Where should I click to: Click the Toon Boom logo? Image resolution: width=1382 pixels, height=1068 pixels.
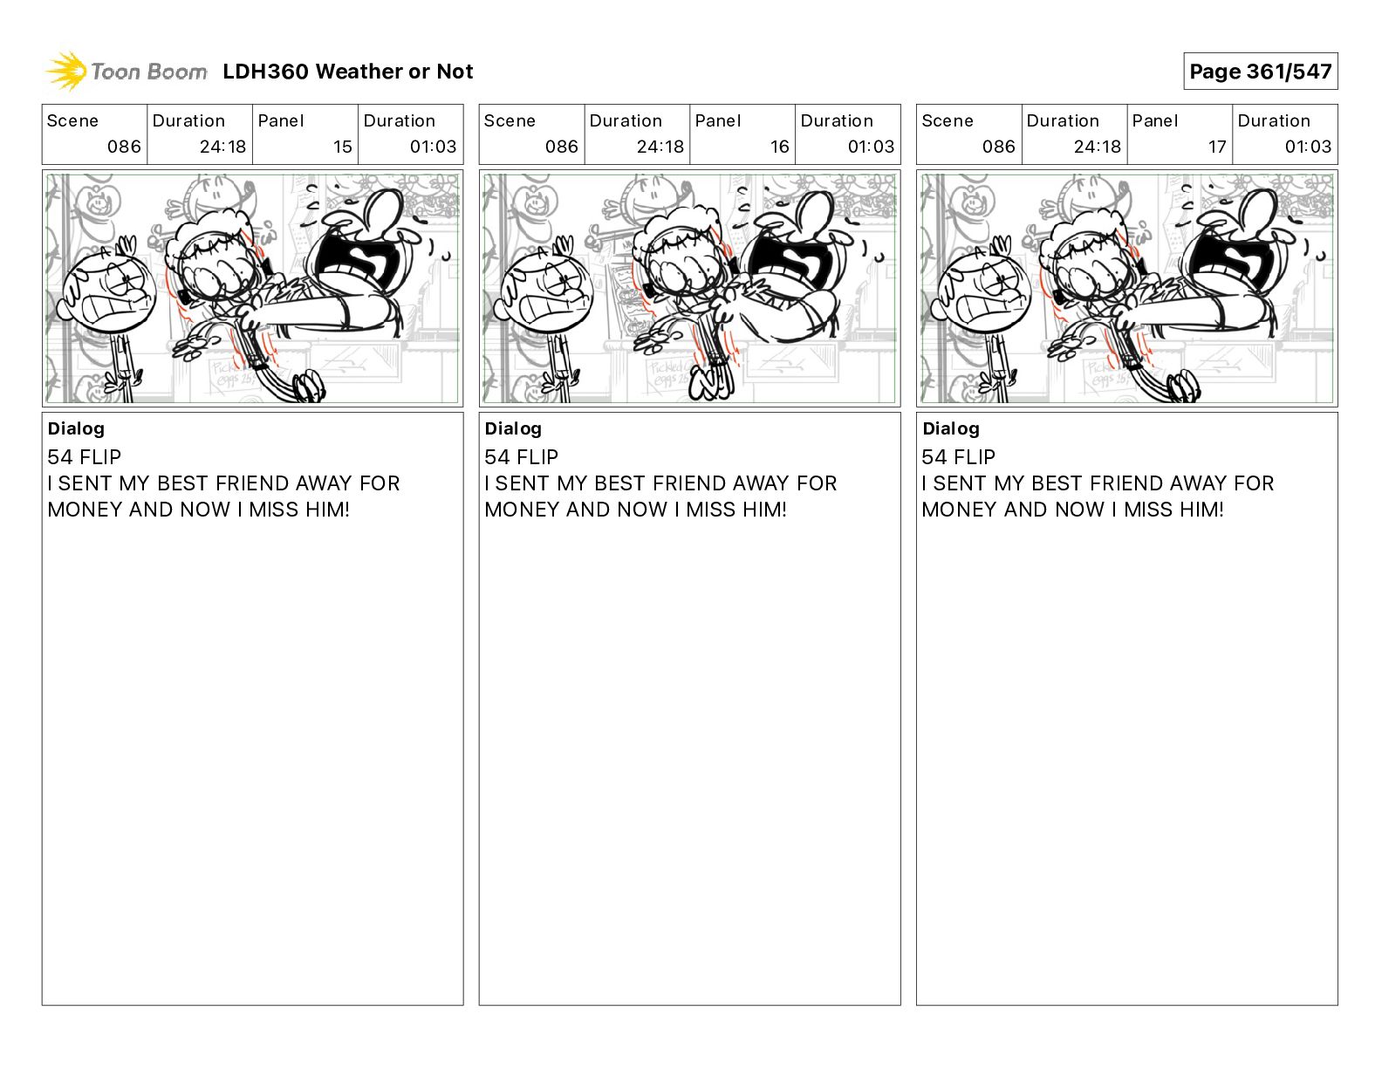click(127, 72)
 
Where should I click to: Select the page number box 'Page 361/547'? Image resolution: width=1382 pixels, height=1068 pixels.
click(1260, 72)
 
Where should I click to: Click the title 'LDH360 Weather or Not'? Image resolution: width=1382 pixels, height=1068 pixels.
click(348, 72)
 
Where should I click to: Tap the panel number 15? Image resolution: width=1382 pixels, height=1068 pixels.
click(342, 147)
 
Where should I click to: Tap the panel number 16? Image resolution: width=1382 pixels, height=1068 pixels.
click(780, 147)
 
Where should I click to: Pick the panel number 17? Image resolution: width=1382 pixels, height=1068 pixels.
click(1217, 147)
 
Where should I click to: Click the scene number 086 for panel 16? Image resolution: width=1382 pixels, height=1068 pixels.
click(561, 147)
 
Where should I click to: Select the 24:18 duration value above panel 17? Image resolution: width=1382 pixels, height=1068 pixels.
click(1097, 147)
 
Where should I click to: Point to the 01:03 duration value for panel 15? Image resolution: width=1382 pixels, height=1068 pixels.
click(433, 147)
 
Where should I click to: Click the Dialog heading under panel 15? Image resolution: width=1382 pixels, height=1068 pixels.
click(76, 428)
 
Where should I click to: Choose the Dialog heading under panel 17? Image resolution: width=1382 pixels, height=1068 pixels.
click(951, 428)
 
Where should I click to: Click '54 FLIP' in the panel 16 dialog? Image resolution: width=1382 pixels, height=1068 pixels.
click(521, 456)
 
